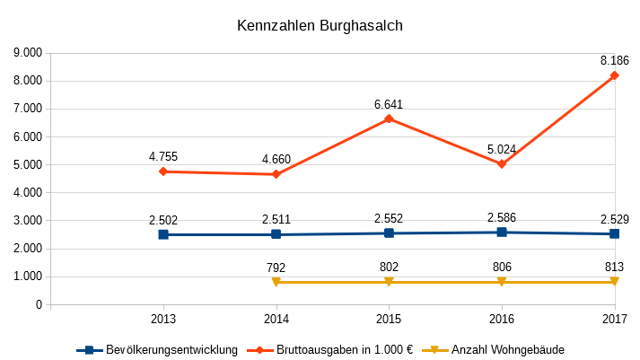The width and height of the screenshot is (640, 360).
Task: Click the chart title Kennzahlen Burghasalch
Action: point(320,26)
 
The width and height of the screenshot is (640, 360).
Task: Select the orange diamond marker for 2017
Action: point(615,75)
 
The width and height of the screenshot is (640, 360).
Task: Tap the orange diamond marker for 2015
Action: point(389,119)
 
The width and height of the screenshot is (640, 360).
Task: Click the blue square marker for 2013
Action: point(163,234)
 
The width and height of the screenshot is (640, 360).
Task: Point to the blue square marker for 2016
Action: point(502,233)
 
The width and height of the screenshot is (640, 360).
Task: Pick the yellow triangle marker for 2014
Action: point(276,282)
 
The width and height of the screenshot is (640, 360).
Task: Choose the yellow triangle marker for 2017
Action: point(615,282)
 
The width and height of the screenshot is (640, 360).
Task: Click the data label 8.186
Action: point(615,60)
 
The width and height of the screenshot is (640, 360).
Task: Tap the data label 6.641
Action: point(389,104)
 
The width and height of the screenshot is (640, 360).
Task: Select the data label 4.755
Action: point(163,156)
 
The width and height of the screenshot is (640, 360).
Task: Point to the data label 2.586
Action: point(502,217)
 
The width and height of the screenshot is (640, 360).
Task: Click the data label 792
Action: point(276,267)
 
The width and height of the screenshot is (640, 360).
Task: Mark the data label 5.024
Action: point(502,149)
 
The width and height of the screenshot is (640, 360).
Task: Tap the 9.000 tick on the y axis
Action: point(27,53)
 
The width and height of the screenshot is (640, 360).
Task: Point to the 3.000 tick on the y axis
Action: point(27,221)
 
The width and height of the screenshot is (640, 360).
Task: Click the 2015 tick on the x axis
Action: point(389,319)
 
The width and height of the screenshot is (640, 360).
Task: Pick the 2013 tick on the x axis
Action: point(163,319)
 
